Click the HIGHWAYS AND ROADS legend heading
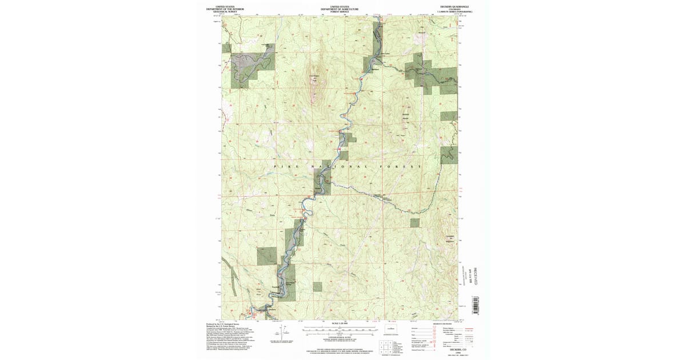[x=443, y=323]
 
